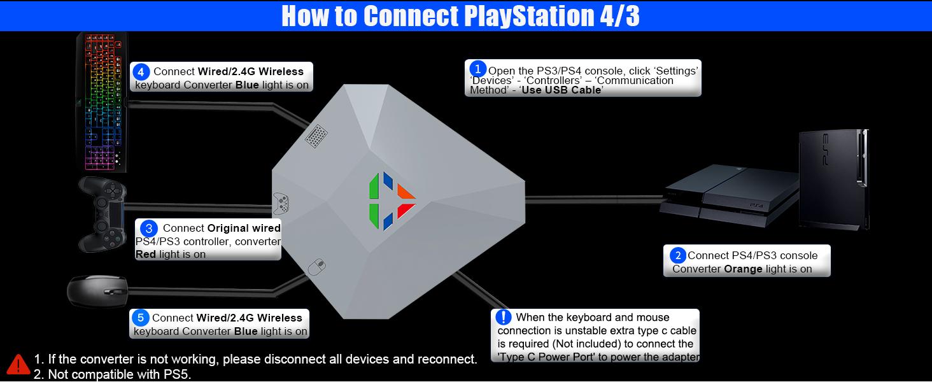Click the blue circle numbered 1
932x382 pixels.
tap(477, 68)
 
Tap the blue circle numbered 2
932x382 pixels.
tap(678, 255)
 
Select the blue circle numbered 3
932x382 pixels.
tap(148, 228)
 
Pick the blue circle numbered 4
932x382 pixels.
tap(142, 71)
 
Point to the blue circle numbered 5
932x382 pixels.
tap(140, 318)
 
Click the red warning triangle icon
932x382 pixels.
tap(18, 364)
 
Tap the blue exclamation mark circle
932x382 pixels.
tap(503, 317)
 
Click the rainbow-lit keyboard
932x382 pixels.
tap(103, 102)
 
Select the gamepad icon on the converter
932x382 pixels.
tap(281, 203)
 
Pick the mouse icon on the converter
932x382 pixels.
tap(317, 266)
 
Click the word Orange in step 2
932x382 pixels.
tap(743, 269)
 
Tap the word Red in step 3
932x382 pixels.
tap(146, 254)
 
